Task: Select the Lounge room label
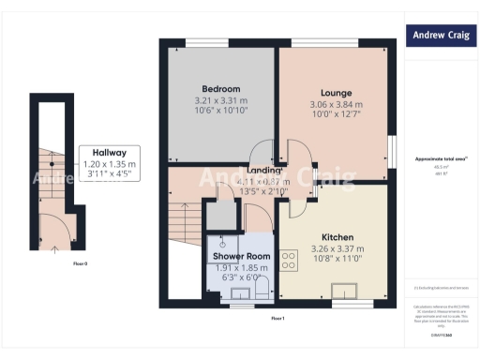336,93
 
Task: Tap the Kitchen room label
336,237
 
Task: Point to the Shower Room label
241,256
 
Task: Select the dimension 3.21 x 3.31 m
221,100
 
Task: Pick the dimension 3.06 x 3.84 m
336,104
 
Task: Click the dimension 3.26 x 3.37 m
336,248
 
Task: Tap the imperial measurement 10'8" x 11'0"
336,260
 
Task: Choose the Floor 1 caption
277,320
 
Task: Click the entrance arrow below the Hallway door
53,248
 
